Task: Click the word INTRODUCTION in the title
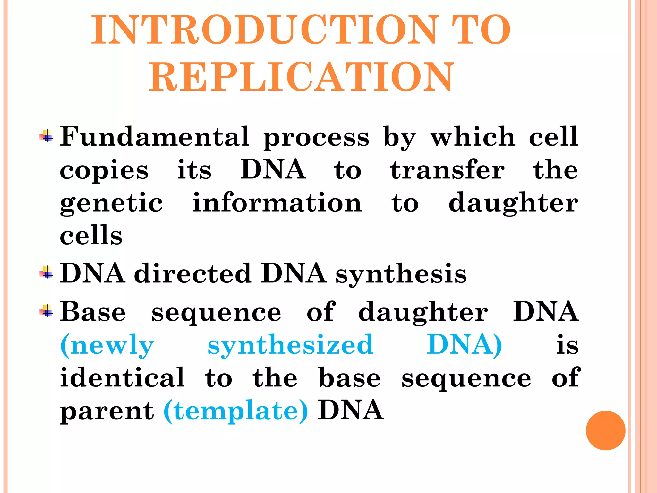[265, 30]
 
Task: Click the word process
[316, 138]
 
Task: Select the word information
[277, 203]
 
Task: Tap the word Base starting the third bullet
[93, 312]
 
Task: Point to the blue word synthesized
[290, 345]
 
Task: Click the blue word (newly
[107, 345]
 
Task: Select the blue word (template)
[236, 411]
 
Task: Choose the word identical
[123, 378]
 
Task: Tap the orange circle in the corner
[605, 430]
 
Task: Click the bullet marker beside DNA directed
[47, 273]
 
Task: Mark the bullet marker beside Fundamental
[47, 136]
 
